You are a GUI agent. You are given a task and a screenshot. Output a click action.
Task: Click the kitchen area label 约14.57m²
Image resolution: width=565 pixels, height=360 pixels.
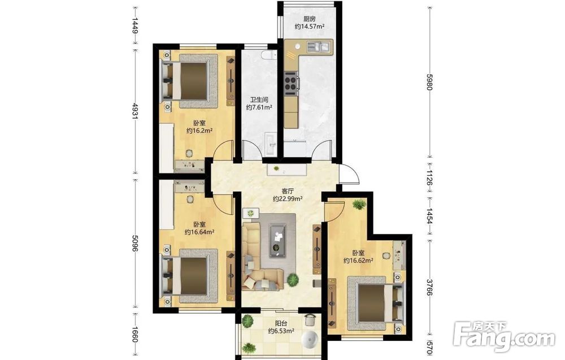point(310,27)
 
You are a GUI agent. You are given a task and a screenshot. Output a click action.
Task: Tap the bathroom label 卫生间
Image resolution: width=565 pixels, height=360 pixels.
point(259,99)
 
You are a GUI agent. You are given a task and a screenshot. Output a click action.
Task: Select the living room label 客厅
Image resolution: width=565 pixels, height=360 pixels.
point(287,191)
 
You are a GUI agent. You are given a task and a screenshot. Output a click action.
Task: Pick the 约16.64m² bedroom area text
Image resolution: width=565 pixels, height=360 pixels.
point(199,232)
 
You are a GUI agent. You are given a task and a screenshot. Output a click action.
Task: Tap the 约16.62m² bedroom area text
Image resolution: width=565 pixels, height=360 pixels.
point(358,260)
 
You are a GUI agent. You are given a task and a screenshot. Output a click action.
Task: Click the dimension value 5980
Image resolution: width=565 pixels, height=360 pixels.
point(429,82)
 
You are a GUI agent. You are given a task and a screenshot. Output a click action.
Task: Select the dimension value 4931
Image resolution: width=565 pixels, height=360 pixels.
point(135,111)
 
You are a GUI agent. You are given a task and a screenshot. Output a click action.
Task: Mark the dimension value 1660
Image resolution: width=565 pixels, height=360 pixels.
point(135,335)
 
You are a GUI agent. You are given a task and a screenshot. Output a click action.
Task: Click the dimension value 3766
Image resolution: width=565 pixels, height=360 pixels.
point(429,287)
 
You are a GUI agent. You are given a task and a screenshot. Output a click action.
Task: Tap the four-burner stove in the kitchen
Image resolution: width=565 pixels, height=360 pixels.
point(291,81)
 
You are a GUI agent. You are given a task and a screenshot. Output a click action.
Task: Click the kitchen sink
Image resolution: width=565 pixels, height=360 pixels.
point(318,46)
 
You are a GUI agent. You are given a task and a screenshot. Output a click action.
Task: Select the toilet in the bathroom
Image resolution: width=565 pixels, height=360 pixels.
point(268,54)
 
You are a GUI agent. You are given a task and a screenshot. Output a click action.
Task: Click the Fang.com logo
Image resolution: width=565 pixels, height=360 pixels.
point(505,336)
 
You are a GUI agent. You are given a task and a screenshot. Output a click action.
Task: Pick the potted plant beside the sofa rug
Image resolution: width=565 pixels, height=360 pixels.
point(293,280)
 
